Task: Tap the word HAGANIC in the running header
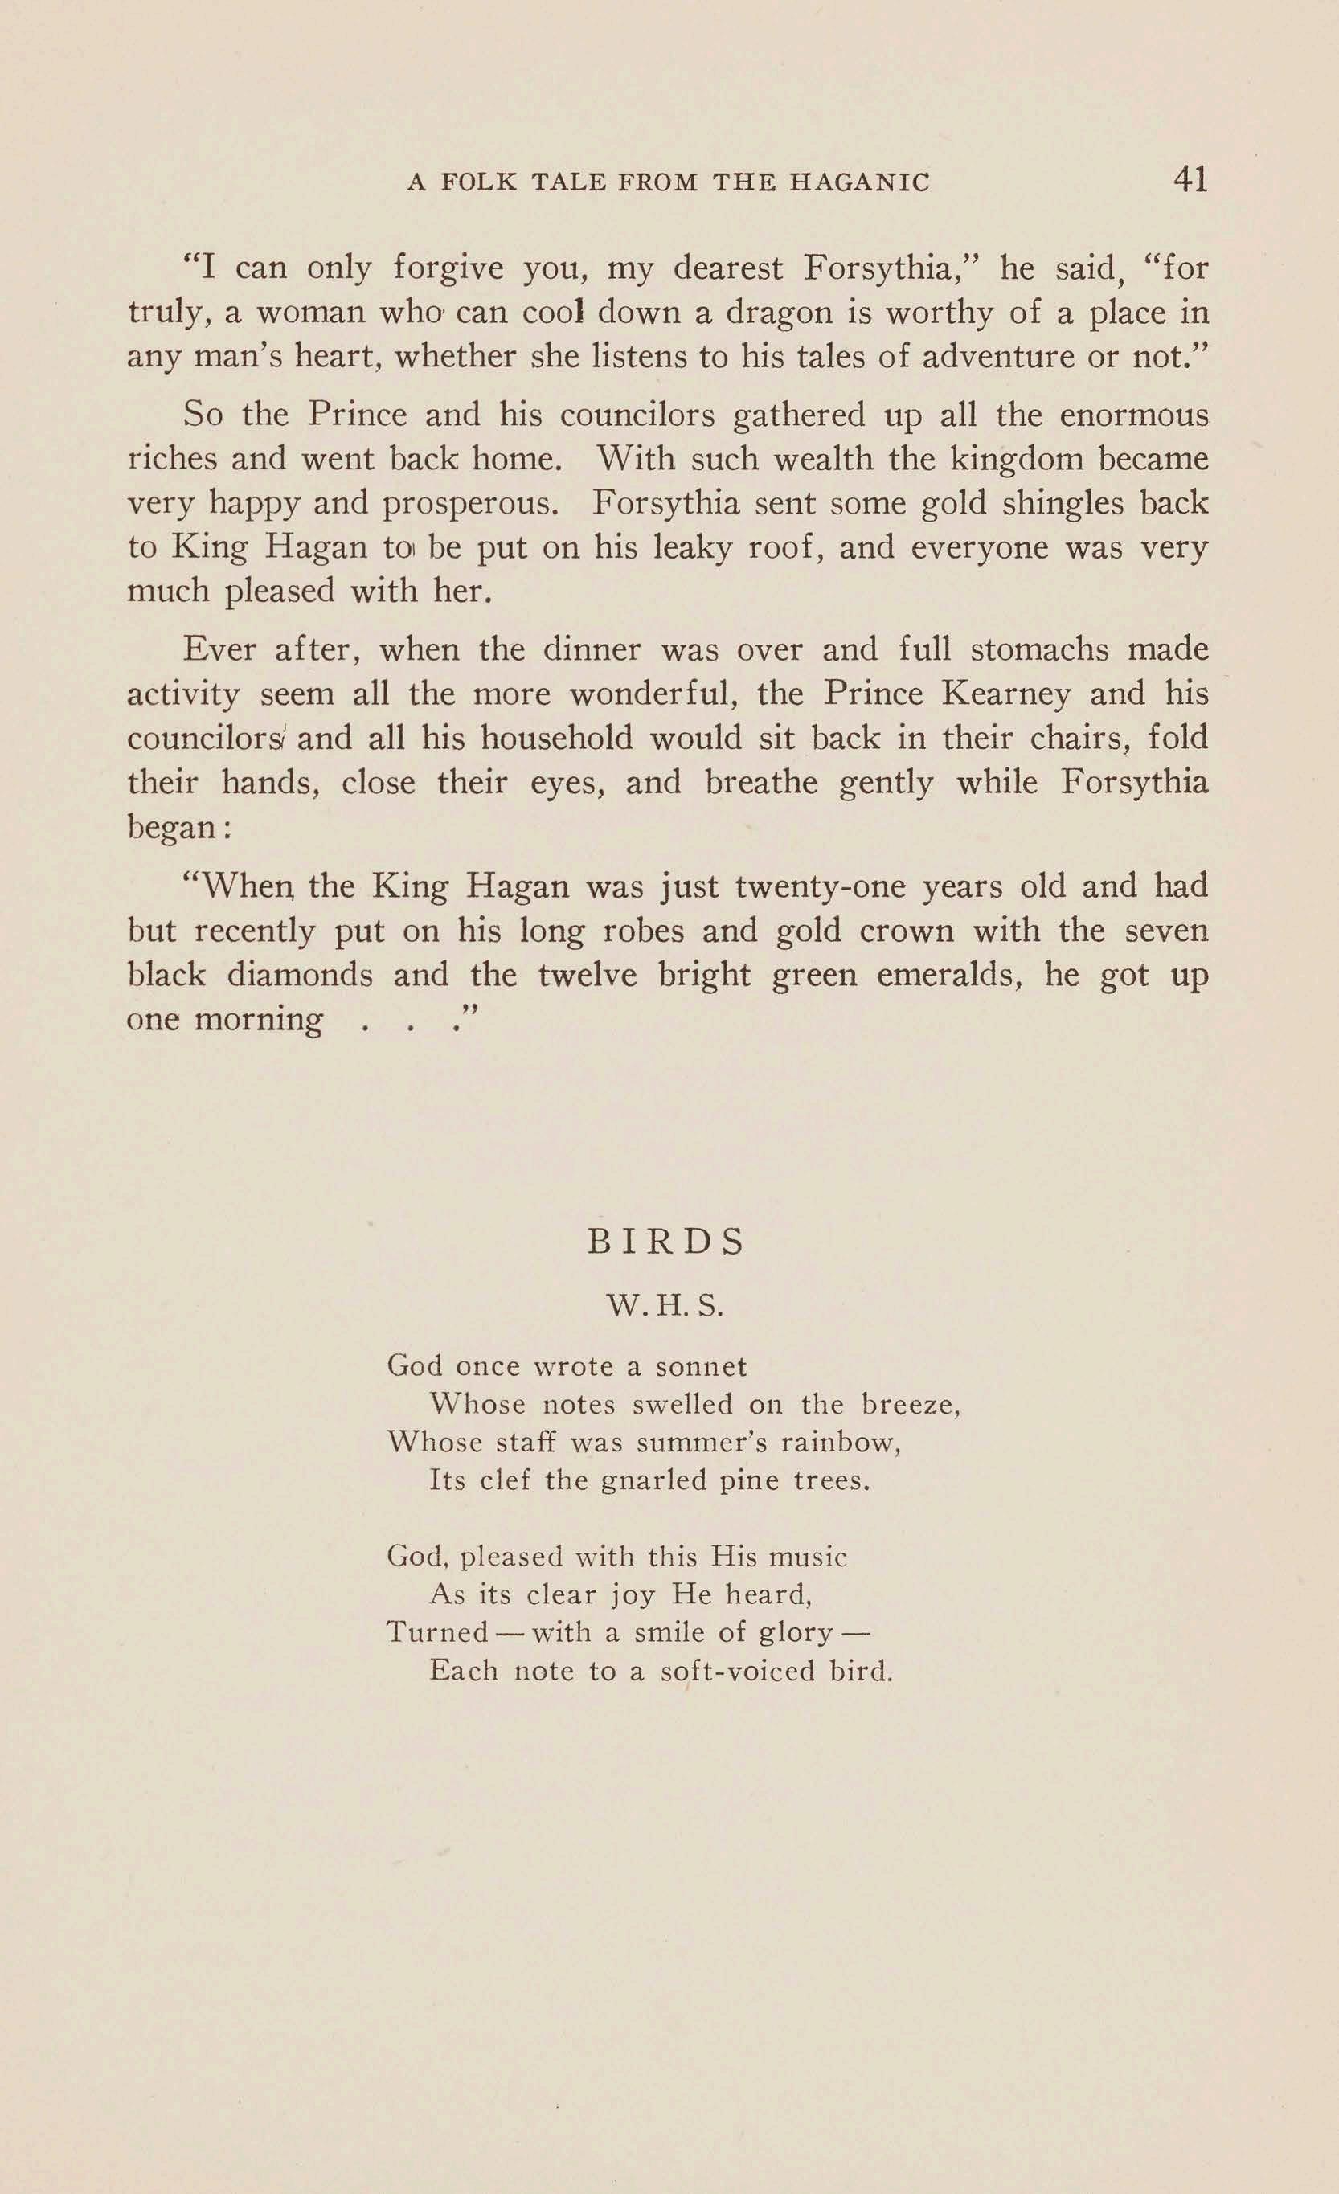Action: coord(859,182)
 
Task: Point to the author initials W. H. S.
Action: coord(664,1306)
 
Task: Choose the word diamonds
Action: coord(300,975)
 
